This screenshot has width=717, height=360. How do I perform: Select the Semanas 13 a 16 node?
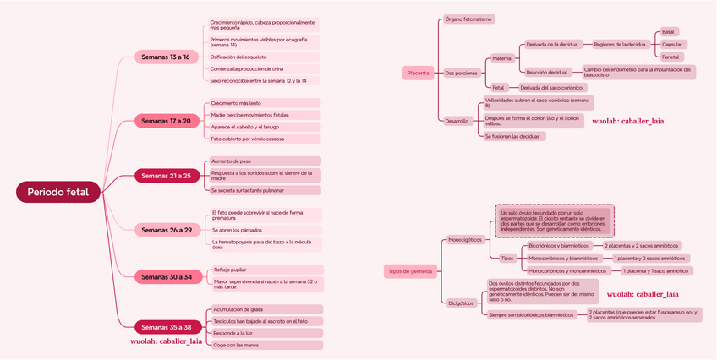[x=166, y=57]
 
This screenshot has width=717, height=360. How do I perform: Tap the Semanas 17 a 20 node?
[x=166, y=121]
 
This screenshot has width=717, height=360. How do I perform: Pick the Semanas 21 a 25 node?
[x=166, y=176]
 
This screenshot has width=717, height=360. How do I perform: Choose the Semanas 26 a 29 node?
[x=166, y=229]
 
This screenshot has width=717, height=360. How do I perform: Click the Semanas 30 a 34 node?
[x=166, y=276]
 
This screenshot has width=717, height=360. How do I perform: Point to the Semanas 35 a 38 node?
[x=166, y=326]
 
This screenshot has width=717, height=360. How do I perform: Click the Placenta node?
[x=418, y=74]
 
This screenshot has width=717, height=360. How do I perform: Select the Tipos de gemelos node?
[x=410, y=271]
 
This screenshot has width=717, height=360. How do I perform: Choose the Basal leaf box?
[x=668, y=31]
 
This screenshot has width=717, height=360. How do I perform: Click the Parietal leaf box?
[x=670, y=57]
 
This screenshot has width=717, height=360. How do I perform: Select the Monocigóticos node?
[x=464, y=239]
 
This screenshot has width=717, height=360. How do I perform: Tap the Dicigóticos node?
[x=461, y=303]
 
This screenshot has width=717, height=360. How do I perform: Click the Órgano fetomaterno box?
[x=468, y=19]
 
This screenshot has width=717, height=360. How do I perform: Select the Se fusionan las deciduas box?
[x=514, y=136]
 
